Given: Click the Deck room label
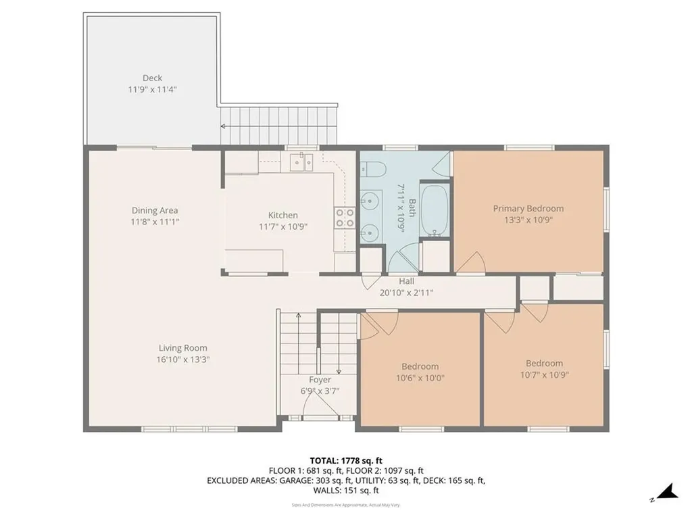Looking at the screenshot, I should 152,78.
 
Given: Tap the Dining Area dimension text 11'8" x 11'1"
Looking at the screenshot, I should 155,222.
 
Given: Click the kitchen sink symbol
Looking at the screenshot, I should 301,162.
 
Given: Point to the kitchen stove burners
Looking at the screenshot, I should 343,217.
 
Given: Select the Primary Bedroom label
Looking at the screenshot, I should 528,208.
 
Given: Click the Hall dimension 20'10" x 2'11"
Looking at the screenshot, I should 406,293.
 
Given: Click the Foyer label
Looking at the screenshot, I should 320,380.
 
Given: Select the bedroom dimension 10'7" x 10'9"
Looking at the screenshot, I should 544,374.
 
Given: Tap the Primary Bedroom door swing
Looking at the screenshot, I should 471,264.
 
